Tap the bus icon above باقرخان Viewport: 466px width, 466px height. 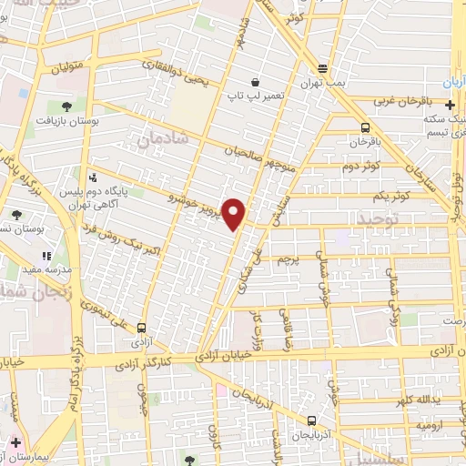click(x=364, y=128)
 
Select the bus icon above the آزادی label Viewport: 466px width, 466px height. click(x=141, y=328)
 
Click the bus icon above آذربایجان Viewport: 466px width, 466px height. click(x=312, y=421)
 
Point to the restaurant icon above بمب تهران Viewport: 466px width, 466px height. click(x=323, y=70)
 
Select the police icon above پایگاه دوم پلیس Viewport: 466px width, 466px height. click(x=94, y=178)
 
